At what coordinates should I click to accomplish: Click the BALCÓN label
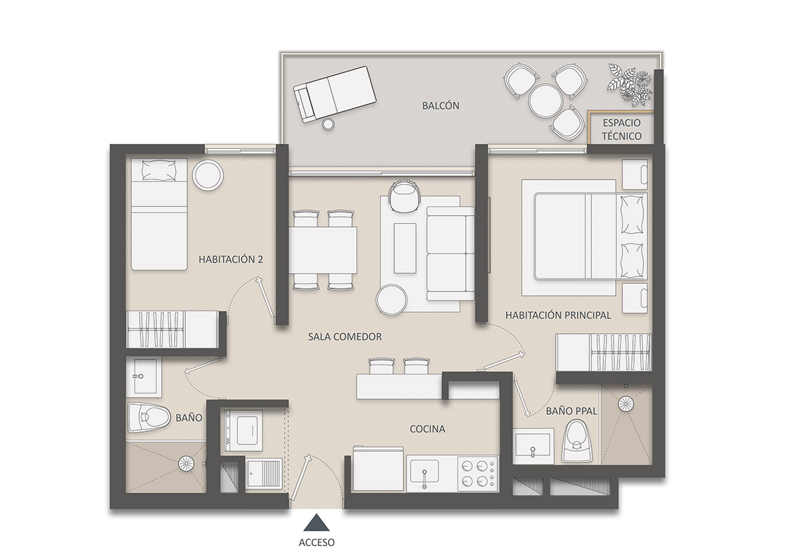pyautogui.click(x=441, y=106)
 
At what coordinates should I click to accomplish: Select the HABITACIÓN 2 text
pyautogui.click(x=231, y=260)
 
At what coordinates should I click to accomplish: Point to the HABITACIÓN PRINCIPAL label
pyautogui.click(x=558, y=315)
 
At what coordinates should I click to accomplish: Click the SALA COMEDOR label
pyautogui.click(x=345, y=336)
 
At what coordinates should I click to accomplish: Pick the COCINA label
pyautogui.click(x=427, y=429)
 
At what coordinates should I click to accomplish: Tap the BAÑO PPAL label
pyautogui.click(x=571, y=411)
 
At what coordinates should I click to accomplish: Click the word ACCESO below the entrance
pyautogui.click(x=317, y=542)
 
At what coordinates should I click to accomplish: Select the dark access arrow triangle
pyautogui.click(x=317, y=524)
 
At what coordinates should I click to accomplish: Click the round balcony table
pyautogui.click(x=546, y=100)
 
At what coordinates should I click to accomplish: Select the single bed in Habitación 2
pyautogui.click(x=158, y=214)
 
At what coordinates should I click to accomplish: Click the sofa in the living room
pyautogui.click(x=451, y=253)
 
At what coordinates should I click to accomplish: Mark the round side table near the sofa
pyautogui.click(x=392, y=300)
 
